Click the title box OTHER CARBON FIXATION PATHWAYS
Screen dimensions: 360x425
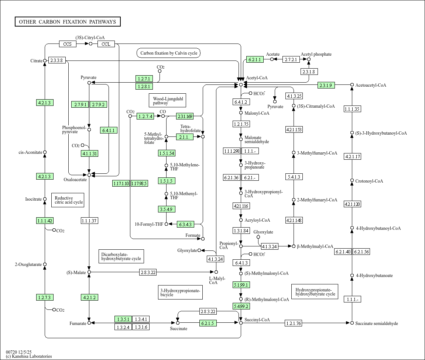coord(68,22)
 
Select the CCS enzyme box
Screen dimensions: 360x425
coord(68,44)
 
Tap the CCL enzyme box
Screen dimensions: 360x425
coord(106,44)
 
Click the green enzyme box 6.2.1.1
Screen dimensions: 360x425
coord(254,59)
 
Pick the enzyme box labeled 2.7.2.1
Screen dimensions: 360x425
coord(291,59)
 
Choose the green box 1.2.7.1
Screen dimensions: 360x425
coord(144,79)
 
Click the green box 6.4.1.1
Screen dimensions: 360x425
coord(109,130)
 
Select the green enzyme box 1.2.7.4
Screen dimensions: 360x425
coord(145,117)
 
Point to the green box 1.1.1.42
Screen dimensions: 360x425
coord(45,221)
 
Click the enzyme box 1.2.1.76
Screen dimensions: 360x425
coord(293,323)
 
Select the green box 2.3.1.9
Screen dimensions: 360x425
coord(326,86)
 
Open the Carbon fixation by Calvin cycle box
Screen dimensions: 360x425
coord(168,53)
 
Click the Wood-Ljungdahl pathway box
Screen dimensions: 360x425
coord(167,101)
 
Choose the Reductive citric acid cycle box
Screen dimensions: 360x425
coord(68,200)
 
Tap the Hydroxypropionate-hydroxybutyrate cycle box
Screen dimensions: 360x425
coord(315,291)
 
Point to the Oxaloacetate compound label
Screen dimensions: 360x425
coord(75,180)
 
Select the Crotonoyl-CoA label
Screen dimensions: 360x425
coord(369,181)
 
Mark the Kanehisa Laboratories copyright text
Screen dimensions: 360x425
coord(29,356)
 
